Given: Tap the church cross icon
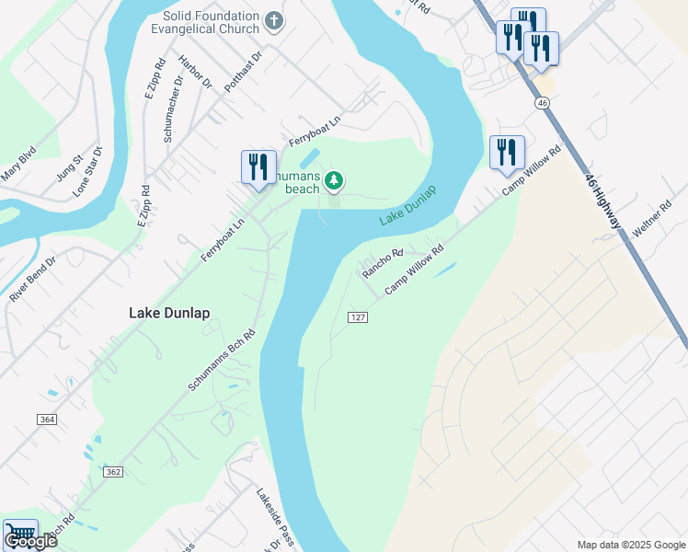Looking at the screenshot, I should [272, 19].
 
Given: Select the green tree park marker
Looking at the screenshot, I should [335, 179].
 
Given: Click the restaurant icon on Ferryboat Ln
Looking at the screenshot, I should [258, 167].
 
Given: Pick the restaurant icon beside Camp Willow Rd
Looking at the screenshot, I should [507, 153].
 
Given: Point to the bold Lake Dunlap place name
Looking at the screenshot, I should [169, 313].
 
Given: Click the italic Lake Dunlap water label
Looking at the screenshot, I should [407, 205].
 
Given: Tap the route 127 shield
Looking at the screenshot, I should [358, 317].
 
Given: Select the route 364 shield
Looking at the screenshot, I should [48, 419].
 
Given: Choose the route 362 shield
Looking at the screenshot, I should [113, 472].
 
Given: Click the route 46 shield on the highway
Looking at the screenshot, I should [543, 104].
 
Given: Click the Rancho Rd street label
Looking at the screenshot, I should [383, 264].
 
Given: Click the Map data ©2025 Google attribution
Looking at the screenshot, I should [630, 545].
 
